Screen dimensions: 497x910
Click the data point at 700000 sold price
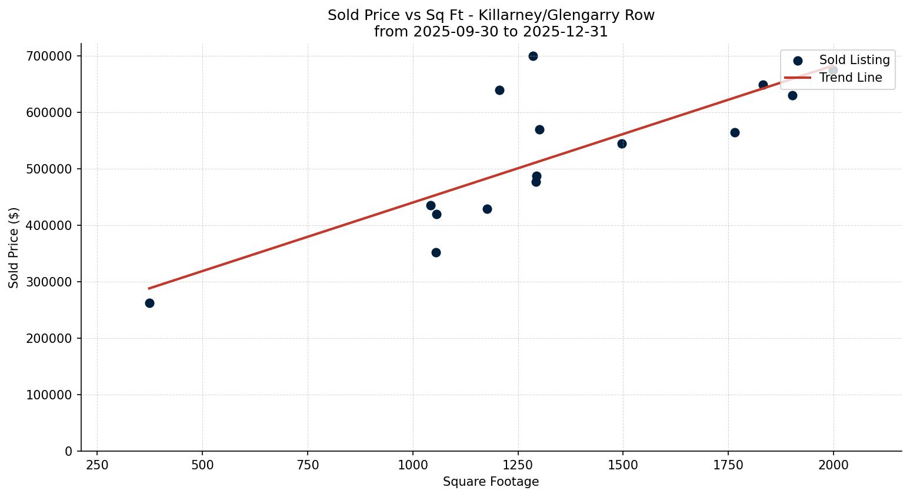point(533,56)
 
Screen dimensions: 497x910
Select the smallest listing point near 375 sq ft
point(149,303)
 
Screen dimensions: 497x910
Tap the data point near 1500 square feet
point(622,144)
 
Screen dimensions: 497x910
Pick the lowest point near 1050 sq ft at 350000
point(436,252)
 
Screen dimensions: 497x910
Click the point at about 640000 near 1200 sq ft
point(499,90)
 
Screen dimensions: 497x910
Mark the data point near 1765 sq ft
point(735,132)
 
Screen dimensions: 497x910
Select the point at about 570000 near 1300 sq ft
point(539,129)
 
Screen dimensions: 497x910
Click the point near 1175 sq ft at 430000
point(487,209)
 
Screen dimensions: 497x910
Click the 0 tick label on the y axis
point(69,451)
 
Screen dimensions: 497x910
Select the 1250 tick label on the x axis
point(518,465)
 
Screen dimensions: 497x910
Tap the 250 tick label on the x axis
point(97,465)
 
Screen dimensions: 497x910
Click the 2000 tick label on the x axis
point(833,465)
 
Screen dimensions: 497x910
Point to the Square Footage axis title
point(491,482)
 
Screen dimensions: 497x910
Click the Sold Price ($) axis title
point(14,248)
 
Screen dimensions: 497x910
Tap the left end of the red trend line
point(149,288)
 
